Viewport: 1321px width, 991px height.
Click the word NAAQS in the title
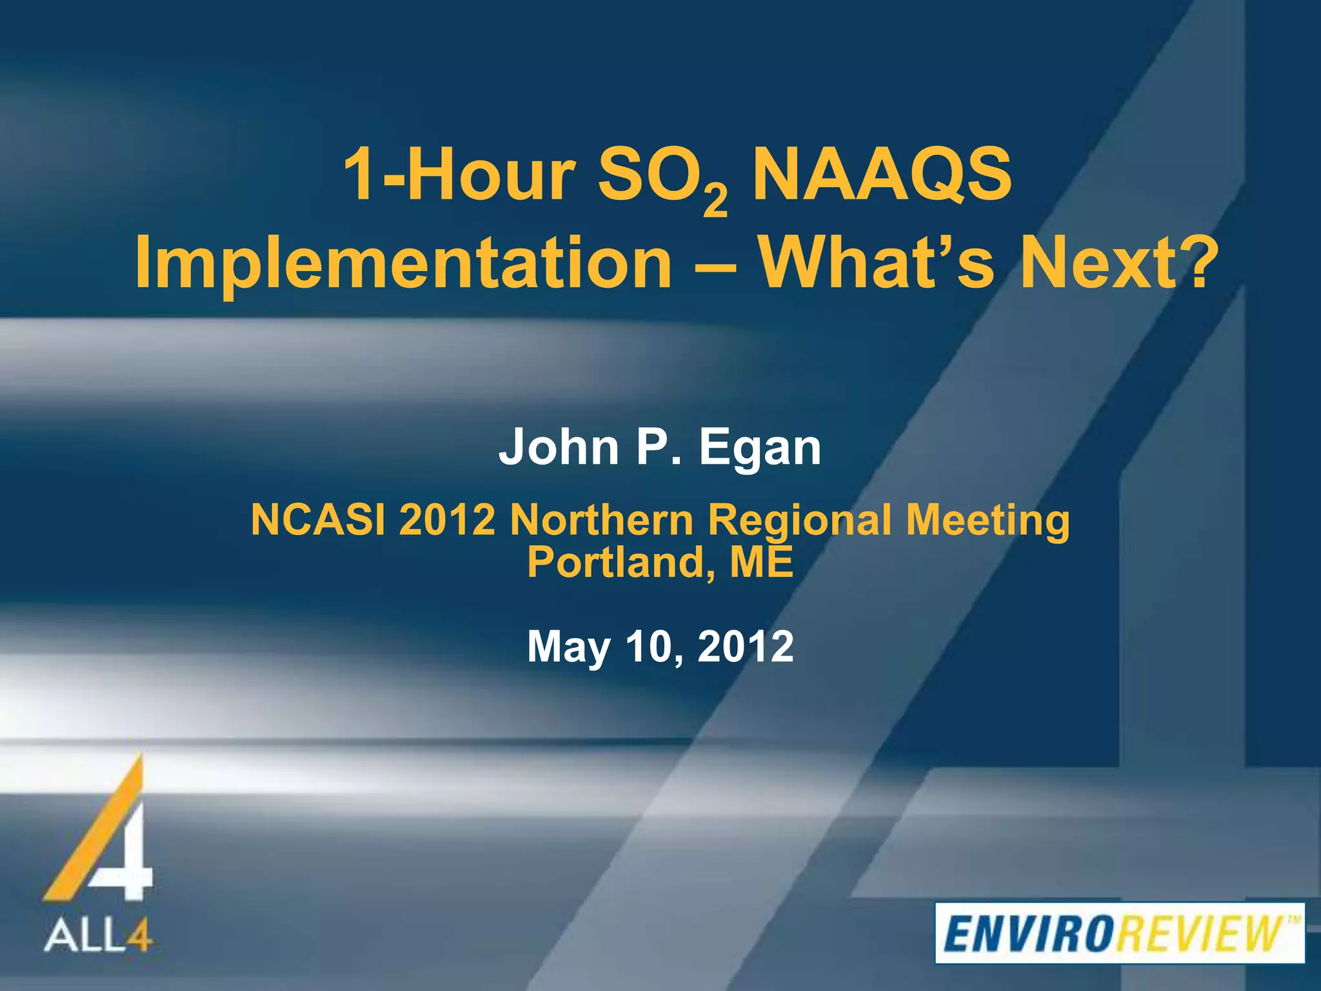(x=882, y=174)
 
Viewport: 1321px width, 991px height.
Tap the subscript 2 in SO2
(x=715, y=202)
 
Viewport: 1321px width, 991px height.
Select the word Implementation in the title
(x=404, y=263)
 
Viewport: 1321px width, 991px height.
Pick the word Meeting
(x=988, y=521)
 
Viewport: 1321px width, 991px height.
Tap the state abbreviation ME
(x=761, y=562)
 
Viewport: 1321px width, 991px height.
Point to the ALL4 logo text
(x=98, y=935)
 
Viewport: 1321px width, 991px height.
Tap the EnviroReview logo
(x=1120, y=933)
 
